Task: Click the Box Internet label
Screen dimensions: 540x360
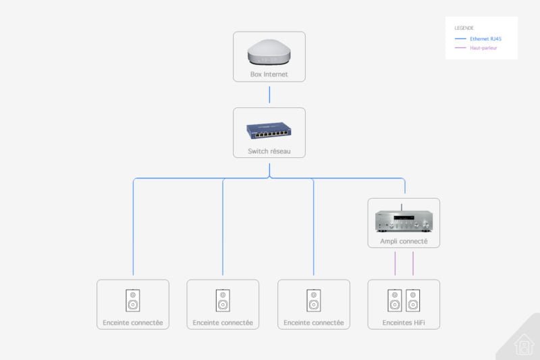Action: (x=269, y=74)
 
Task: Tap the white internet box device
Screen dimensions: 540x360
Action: (x=269, y=52)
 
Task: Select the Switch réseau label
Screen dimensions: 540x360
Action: (x=269, y=151)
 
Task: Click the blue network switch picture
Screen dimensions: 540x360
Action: (x=269, y=130)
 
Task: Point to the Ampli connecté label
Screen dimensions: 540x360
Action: (x=404, y=241)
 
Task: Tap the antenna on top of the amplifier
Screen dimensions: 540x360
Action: (x=401, y=207)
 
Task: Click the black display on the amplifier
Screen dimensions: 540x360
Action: (x=404, y=217)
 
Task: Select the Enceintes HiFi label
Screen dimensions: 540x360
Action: (x=404, y=322)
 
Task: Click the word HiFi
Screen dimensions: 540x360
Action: (x=419, y=322)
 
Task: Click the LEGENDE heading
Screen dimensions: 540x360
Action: (x=464, y=28)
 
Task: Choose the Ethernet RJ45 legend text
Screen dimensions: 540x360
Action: (x=485, y=39)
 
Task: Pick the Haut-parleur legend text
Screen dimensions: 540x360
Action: (x=483, y=48)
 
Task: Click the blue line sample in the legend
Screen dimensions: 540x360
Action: (x=460, y=38)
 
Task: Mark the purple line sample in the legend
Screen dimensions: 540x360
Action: (x=460, y=47)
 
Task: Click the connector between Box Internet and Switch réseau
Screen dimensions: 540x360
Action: (x=269, y=95)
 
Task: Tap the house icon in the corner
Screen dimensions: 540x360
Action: (x=524, y=344)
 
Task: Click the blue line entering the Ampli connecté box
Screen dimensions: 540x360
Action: (x=405, y=186)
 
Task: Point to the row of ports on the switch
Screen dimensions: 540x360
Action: (x=271, y=133)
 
